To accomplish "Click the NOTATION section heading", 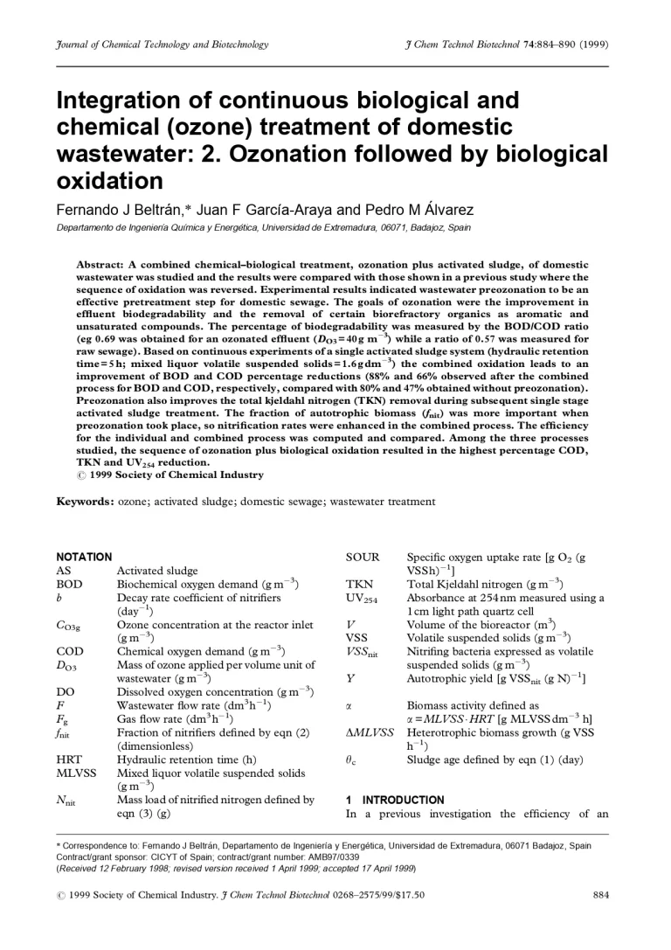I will (x=84, y=557).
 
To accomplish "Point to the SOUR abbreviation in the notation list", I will (x=363, y=557).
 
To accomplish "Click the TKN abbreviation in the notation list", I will (x=359, y=584).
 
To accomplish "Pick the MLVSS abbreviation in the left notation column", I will (x=76, y=773).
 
